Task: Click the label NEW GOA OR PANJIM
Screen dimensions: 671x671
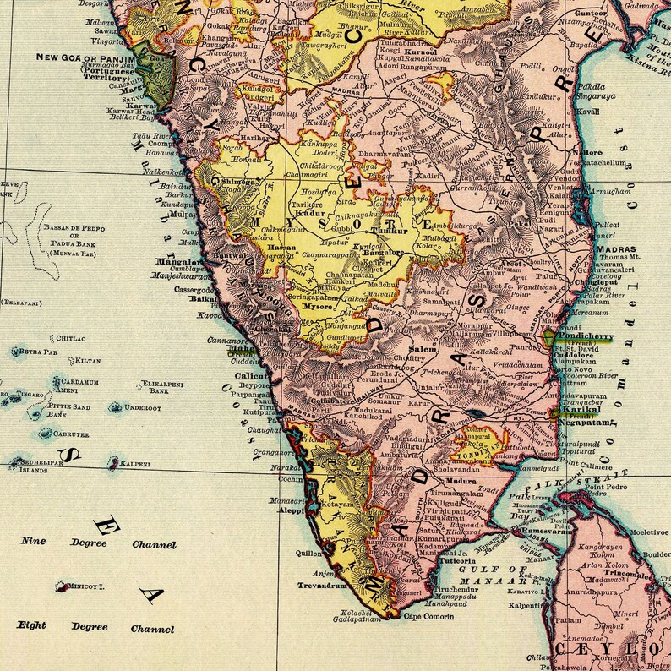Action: [83, 58]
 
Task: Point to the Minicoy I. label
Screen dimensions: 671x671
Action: [86, 585]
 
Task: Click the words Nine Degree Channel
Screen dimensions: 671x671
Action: [98, 543]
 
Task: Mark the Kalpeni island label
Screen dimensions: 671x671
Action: [134, 463]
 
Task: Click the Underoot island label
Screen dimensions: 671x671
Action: [143, 407]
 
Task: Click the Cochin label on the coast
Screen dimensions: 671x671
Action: [290, 478]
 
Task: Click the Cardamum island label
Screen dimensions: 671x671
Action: [79, 382]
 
